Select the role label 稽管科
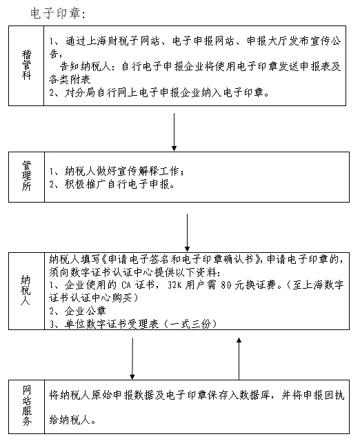pyautogui.click(x=27, y=63)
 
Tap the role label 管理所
pyautogui.click(x=27, y=178)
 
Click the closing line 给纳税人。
pyautogui.click(x=72, y=416)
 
